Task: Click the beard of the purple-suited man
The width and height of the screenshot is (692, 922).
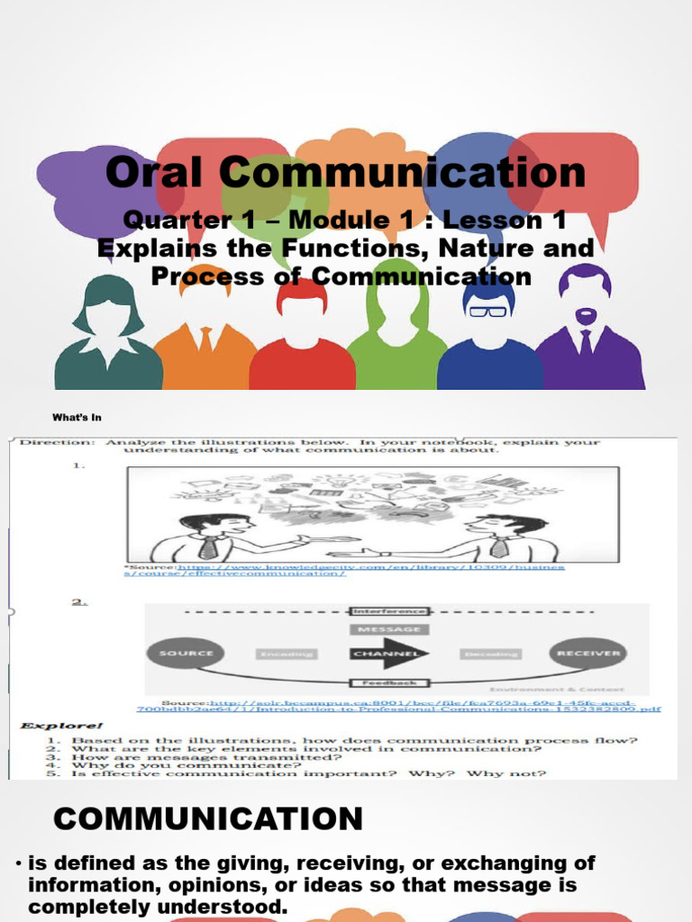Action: [586, 317]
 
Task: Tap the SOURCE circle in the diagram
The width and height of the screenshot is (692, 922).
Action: [187, 654]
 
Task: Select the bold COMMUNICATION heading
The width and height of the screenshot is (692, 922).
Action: [208, 818]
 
